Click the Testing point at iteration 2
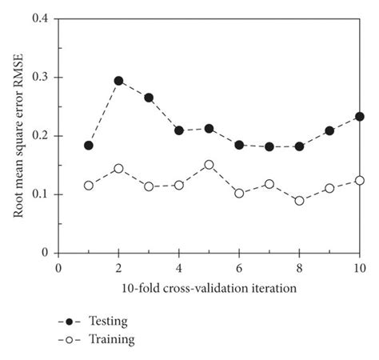pos(118,81)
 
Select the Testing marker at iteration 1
pos(89,146)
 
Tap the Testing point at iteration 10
pos(360,116)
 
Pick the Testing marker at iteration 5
pos(209,128)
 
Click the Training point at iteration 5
pos(209,165)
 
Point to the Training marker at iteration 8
pos(299,201)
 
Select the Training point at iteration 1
pos(89,186)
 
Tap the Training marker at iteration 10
pos(360,181)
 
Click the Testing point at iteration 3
pos(149,98)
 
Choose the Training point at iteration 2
pos(118,169)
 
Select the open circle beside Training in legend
pos(70,339)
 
